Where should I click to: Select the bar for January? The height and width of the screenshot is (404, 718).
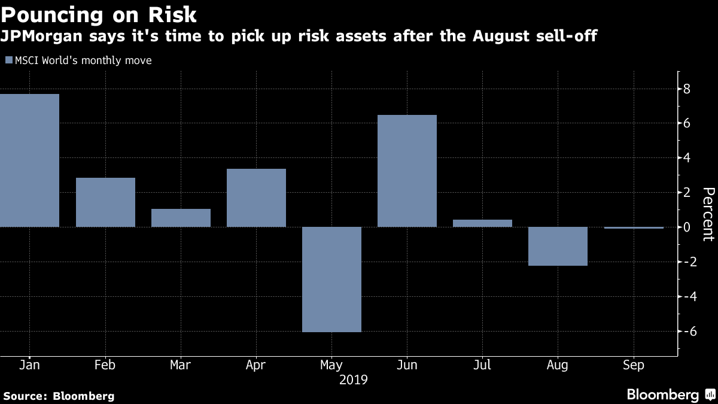point(29,160)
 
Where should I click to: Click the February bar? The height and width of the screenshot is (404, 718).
point(105,202)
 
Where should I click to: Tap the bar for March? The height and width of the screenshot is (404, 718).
point(181,218)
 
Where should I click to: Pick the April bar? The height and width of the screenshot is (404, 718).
point(256,198)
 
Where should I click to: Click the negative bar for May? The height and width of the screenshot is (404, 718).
point(331,279)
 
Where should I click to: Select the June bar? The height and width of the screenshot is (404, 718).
point(407,171)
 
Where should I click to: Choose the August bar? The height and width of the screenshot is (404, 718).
point(558,246)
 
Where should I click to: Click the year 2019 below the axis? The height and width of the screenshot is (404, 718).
point(353,379)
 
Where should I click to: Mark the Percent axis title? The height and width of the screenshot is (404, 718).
point(708,214)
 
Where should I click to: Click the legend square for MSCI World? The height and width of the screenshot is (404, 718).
point(8,60)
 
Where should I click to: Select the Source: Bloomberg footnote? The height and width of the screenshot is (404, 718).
point(59,396)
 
